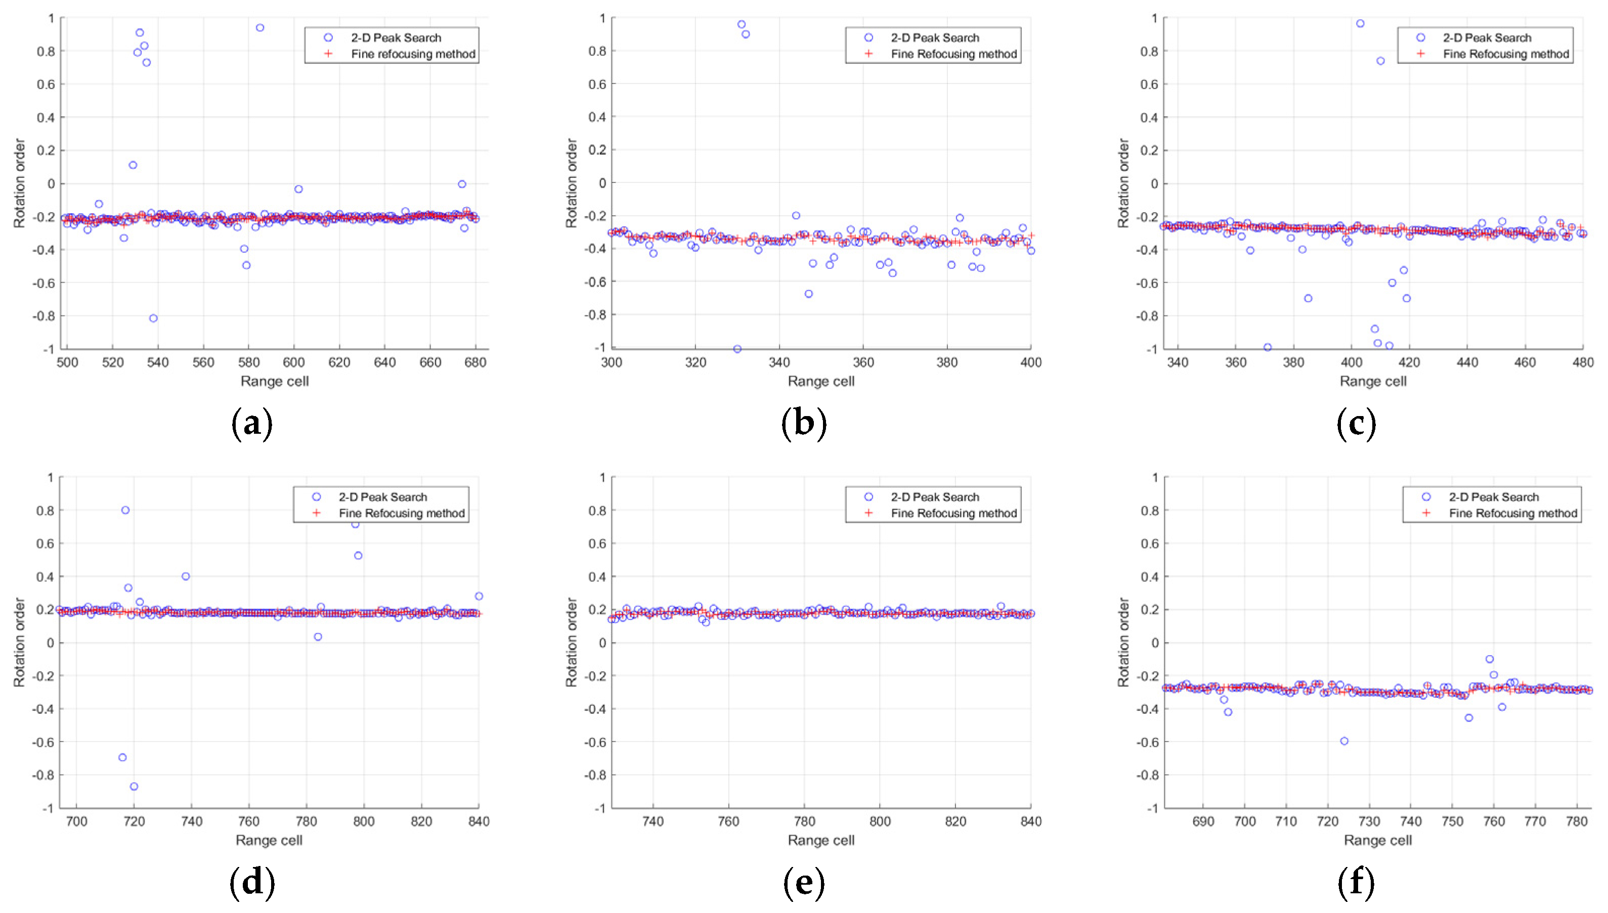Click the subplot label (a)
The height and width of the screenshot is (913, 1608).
[251, 424]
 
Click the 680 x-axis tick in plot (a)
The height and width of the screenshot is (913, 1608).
[475, 362]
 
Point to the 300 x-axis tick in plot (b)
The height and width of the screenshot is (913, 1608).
[612, 362]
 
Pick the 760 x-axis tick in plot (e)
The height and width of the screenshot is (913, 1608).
[728, 821]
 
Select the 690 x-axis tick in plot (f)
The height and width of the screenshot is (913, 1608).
[1203, 821]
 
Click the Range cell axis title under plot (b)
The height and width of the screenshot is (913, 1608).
[820, 381]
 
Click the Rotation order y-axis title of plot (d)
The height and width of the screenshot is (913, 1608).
[19, 642]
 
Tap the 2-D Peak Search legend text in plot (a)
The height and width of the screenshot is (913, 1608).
[396, 37]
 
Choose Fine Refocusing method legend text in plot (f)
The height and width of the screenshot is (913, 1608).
[1512, 513]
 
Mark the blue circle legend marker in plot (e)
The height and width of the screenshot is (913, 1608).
[868, 496]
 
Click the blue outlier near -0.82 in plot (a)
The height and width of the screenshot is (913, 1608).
[153, 318]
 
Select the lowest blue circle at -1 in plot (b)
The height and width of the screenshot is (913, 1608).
[737, 349]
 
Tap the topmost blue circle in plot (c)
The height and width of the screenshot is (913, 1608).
[1360, 24]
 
